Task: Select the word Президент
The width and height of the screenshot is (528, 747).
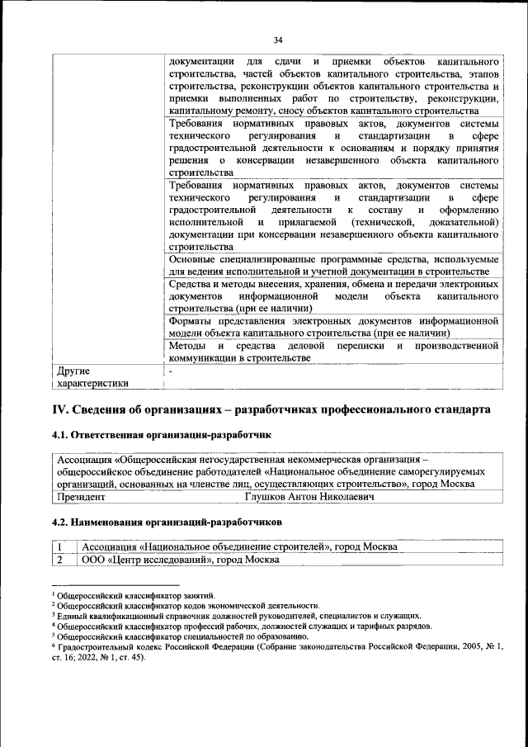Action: (82, 498)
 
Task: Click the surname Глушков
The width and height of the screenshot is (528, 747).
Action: (269, 498)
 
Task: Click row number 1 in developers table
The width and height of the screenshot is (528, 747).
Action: (60, 546)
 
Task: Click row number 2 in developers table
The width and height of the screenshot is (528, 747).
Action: (60, 560)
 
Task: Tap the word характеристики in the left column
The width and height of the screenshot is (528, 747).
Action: (92, 383)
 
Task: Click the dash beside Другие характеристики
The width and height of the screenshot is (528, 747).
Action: (170, 371)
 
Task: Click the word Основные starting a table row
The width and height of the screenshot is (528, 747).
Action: (194, 258)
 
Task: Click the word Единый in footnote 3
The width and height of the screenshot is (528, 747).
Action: (72, 616)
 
